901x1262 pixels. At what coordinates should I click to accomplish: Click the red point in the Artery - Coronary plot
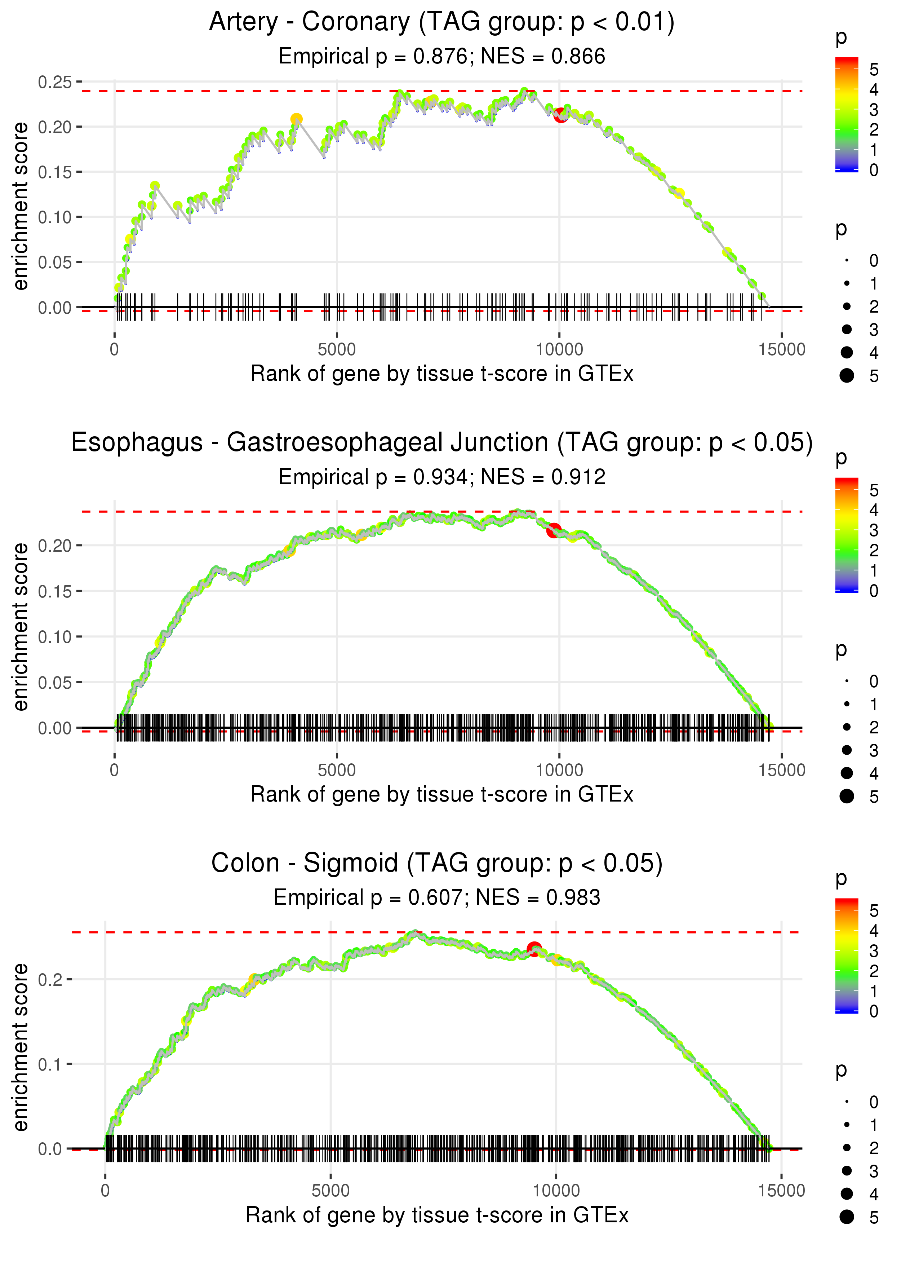tap(560, 115)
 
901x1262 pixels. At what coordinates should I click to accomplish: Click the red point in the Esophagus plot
tap(554, 530)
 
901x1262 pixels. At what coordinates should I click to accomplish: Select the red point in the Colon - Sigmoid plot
tap(534, 948)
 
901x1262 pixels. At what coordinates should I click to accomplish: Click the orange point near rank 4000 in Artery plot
tap(296, 119)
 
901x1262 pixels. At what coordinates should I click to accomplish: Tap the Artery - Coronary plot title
tap(441, 22)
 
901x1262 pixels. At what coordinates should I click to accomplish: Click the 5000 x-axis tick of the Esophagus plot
tap(336, 770)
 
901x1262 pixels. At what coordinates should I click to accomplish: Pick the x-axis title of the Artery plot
tap(441, 374)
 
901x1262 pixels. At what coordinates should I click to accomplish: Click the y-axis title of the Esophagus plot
tap(21, 627)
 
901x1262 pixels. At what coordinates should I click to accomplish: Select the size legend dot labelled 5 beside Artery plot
tap(847, 376)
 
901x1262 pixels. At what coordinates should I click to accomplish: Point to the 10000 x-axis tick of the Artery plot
tap(559, 350)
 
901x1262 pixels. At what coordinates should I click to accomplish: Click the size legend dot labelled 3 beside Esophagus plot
tap(847, 750)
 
